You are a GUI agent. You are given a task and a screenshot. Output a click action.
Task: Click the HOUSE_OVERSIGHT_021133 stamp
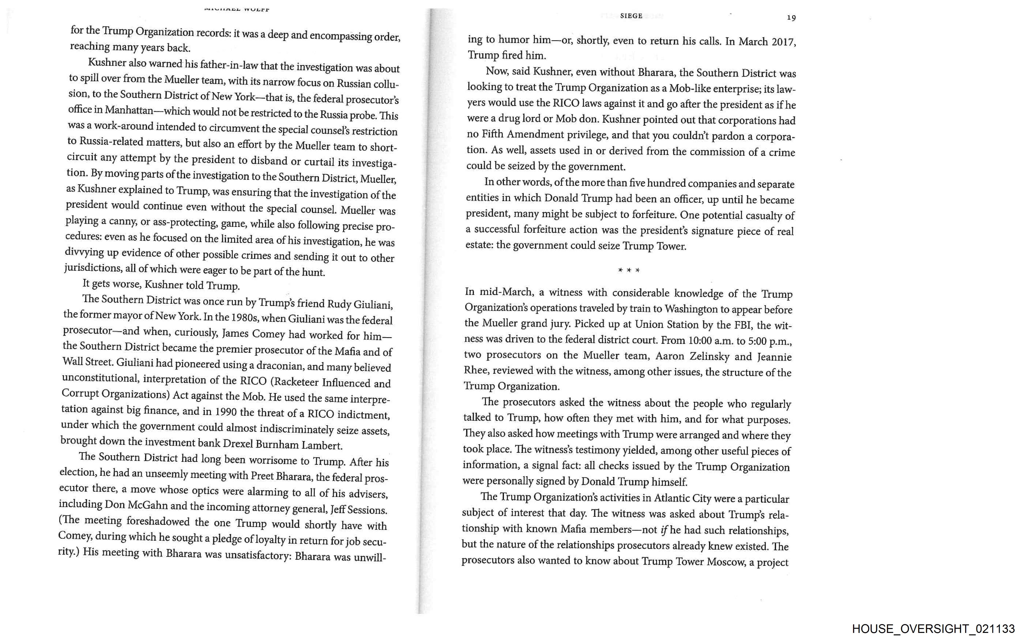(x=933, y=629)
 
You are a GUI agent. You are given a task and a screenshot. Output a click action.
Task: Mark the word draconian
(x=280, y=365)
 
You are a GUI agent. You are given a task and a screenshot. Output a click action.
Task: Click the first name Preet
(x=262, y=476)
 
